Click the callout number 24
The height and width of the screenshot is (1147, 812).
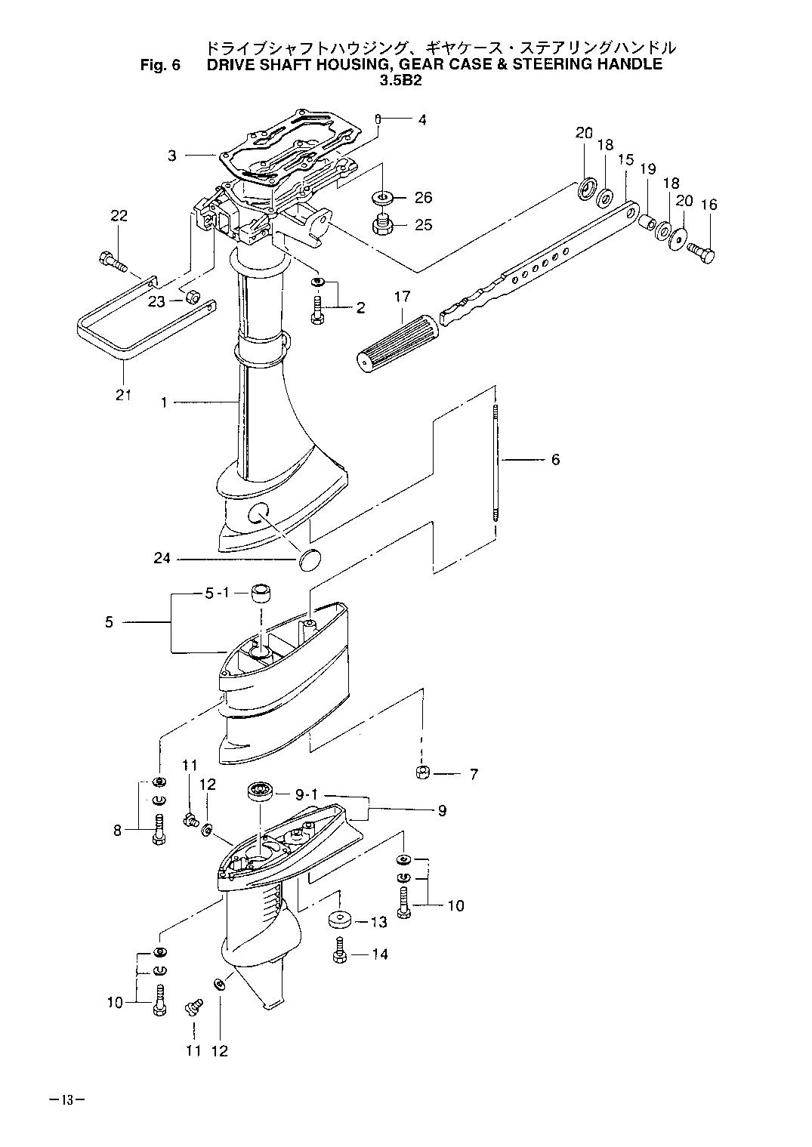click(x=162, y=557)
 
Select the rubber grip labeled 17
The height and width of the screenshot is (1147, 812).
click(x=398, y=340)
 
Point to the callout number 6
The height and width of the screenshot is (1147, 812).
click(x=555, y=459)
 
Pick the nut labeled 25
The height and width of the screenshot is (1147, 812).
click(x=380, y=226)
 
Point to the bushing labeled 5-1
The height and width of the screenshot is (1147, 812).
click(x=261, y=594)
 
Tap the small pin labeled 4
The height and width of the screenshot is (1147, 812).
click(x=378, y=119)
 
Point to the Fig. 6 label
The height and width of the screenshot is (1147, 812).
click(x=160, y=65)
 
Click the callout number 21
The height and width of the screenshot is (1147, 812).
click(x=123, y=395)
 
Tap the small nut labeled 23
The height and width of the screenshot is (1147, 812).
click(x=192, y=297)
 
